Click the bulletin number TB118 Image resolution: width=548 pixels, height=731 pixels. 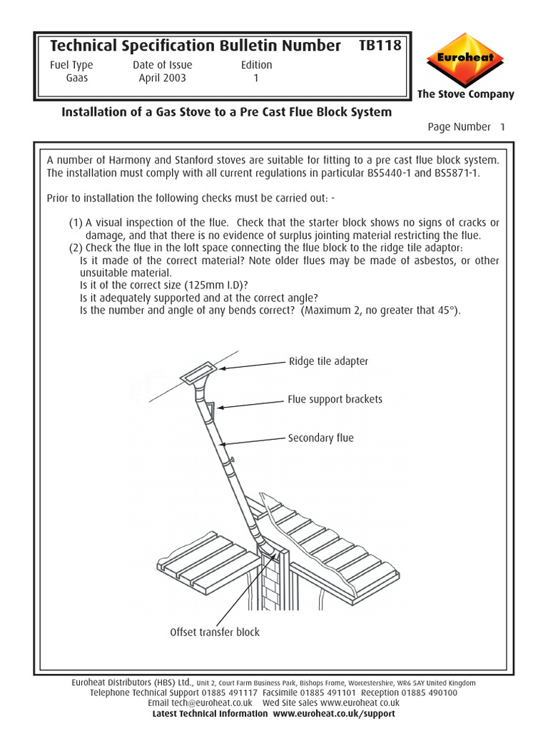click(380, 46)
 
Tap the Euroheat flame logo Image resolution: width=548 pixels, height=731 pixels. click(465, 59)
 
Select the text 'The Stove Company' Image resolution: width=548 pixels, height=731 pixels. click(465, 94)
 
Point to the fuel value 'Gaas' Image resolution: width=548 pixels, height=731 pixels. click(77, 78)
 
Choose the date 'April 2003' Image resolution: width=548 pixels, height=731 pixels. click(162, 78)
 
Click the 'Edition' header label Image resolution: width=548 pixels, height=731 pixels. click(256, 65)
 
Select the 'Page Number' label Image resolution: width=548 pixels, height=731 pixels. click(459, 127)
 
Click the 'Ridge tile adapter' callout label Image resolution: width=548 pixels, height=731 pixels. click(328, 361)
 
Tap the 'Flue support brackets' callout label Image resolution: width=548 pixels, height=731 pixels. click(335, 399)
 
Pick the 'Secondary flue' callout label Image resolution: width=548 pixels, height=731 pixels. click(320, 438)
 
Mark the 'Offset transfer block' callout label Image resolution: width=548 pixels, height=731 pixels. click(215, 632)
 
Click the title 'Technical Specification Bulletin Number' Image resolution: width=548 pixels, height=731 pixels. click(195, 46)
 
